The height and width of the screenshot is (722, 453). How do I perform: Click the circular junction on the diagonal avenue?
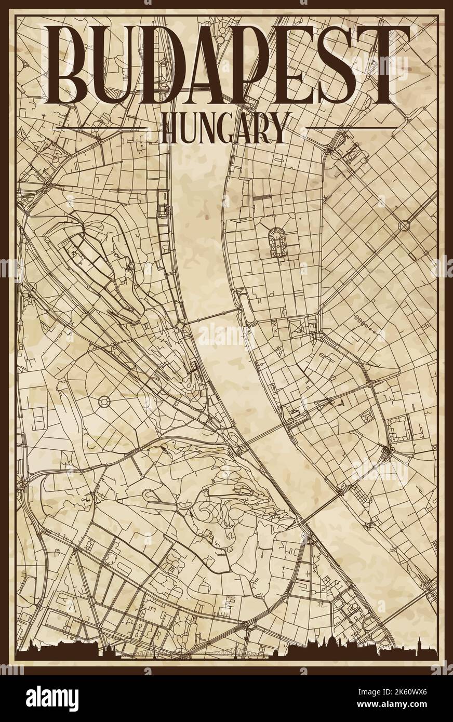click(x=404, y=225)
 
